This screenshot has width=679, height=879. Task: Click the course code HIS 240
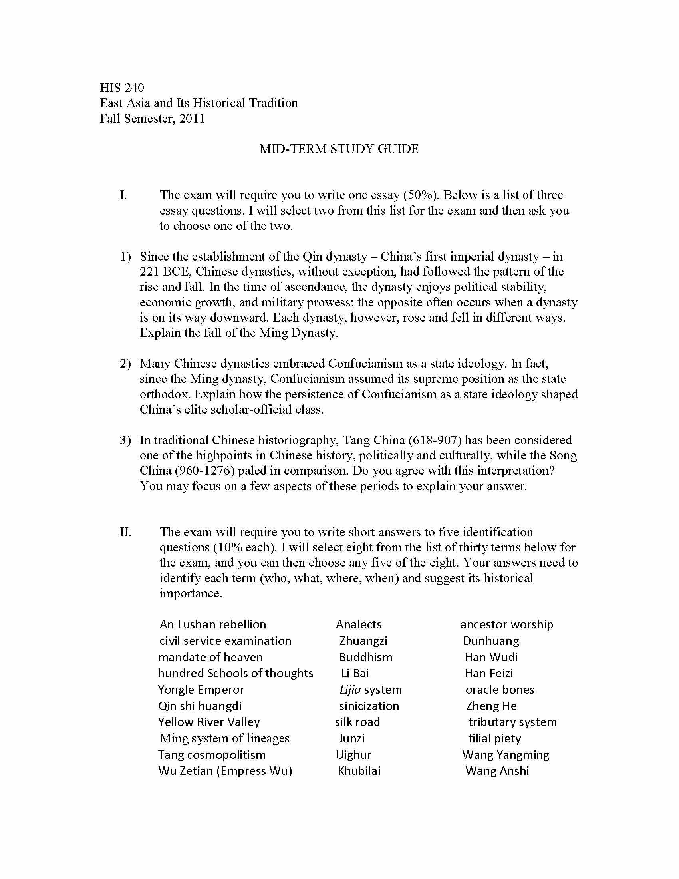tap(122, 88)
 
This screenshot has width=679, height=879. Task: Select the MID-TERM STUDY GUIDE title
tap(339, 149)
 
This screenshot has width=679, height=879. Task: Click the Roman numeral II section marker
tap(125, 532)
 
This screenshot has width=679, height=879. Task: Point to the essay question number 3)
tap(125, 440)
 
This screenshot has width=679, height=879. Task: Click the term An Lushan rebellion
tap(213, 624)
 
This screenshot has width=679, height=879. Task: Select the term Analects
tap(358, 624)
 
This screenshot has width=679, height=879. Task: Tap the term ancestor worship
tap(506, 624)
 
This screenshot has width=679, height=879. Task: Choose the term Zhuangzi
tap(363, 641)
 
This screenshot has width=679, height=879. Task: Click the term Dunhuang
tap(491, 641)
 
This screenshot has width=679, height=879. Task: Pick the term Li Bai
tap(355, 673)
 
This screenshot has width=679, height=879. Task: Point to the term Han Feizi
tap(489, 673)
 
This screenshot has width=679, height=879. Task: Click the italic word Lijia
tap(350, 690)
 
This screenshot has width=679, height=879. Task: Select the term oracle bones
tap(500, 690)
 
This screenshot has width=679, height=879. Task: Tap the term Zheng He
tap(491, 706)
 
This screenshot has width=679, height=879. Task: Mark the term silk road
tap(357, 722)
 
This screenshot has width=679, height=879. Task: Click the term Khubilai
tap(359, 771)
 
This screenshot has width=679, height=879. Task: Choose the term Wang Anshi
tap(497, 771)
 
